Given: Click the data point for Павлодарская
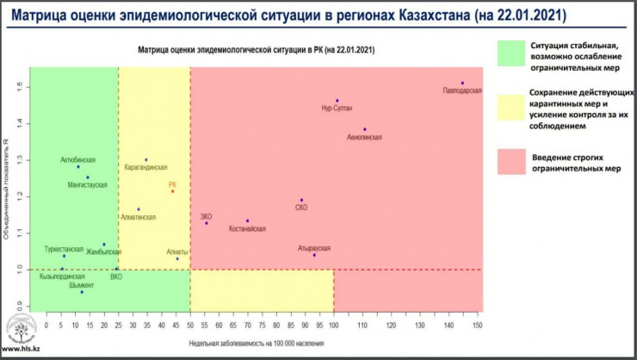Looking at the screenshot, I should pyautogui.click(x=462, y=84).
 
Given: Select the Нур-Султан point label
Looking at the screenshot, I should pyautogui.click(x=337, y=109).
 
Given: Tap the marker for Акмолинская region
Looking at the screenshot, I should pyautogui.click(x=365, y=129).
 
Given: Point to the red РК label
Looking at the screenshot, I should pyautogui.click(x=172, y=184).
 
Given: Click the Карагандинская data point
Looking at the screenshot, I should pyautogui.click(x=146, y=160).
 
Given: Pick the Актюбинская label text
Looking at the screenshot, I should pyautogui.click(x=78, y=160).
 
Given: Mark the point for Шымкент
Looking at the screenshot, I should pyautogui.click(x=82, y=292).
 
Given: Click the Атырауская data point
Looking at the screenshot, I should pyautogui.click(x=314, y=255).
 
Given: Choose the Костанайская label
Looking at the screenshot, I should pyautogui.click(x=247, y=229).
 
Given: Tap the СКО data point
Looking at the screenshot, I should pyautogui.click(x=301, y=200).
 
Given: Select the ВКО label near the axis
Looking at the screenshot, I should pyautogui.click(x=117, y=277).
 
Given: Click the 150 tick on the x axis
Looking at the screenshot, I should pyautogui.click(x=477, y=325).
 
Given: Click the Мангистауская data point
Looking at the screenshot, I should pyautogui.click(x=87, y=177).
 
